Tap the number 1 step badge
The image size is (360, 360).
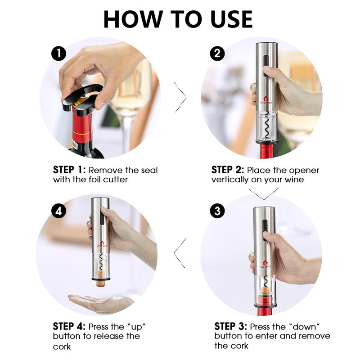(x=58, y=54)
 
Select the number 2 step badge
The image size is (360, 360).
(x=217, y=54)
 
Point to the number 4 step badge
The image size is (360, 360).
(x=58, y=211)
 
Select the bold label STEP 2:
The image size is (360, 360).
(x=228, y=170)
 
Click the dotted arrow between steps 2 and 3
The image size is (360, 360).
(x=264, y=193)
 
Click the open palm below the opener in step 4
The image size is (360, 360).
(x=99, y=301)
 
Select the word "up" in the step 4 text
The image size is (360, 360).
(x=139, y=326)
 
